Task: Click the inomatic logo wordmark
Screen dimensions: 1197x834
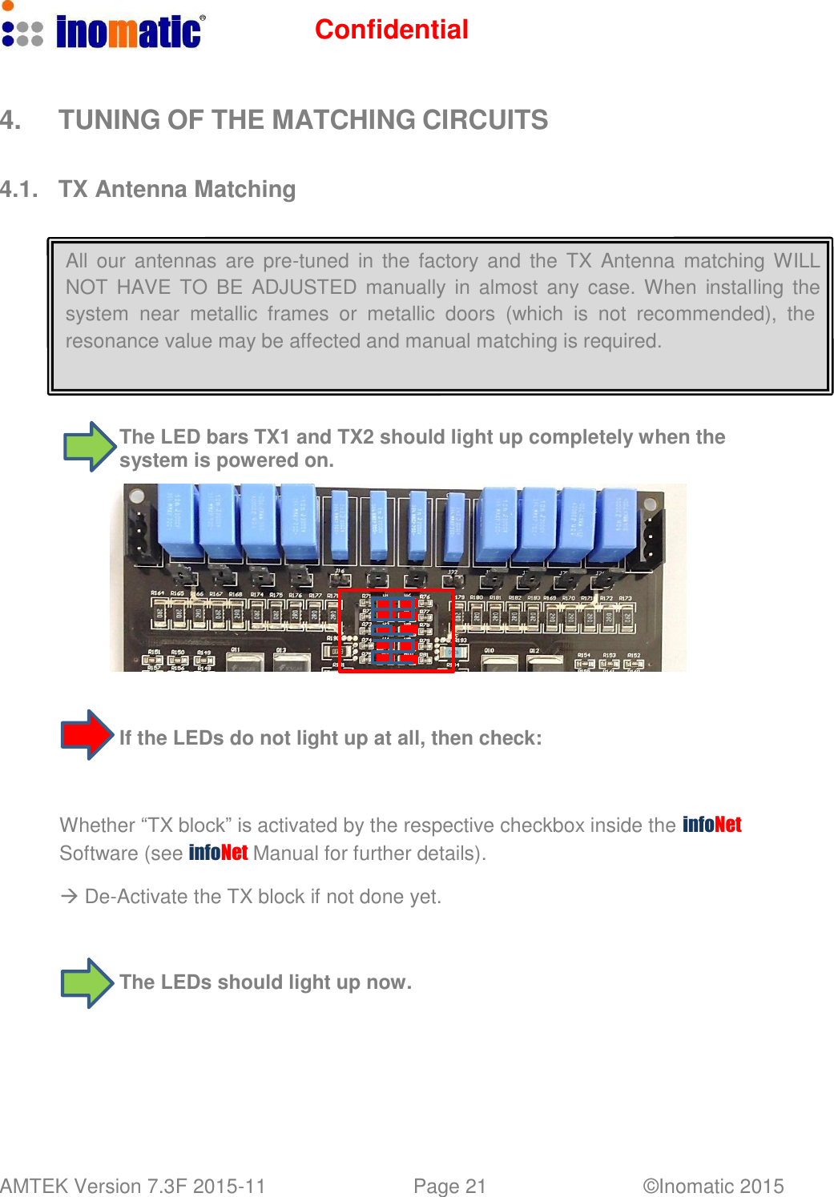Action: (x=128, y=32)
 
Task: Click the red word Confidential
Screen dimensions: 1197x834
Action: (x=391, y=30)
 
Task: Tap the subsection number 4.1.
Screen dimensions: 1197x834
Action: (x=18, y=190)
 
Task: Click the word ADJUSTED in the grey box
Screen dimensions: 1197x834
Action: (x=304, y=287)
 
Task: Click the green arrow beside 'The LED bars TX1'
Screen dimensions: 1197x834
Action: (x=89, y=447)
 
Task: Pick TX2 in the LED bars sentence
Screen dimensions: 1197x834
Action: (x=356, y=437)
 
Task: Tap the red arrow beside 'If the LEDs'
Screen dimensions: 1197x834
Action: (x=87, y=735)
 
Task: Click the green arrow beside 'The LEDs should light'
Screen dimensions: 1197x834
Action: (x=87, y=983)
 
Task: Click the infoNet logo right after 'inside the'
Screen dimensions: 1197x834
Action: (x=711, y=825)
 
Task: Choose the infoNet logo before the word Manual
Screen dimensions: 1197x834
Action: (x=218, y=853)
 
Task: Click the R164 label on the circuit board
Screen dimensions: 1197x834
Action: (x=158, y=593)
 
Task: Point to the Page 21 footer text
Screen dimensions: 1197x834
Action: (x=449, y=1186)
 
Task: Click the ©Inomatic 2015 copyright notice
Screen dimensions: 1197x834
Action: (x=713, y=1186)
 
